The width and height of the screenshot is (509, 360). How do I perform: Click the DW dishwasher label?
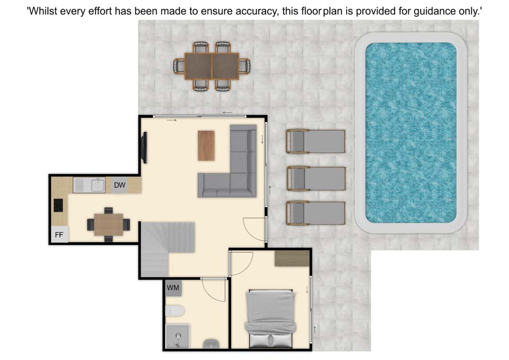coord(119,185)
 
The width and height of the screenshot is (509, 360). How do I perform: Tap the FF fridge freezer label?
coord(59,235)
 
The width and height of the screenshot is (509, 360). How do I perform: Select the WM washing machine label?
coord(173,287)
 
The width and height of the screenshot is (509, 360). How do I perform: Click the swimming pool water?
coord(410,133)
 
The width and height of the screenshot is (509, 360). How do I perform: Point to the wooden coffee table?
coord(206,145)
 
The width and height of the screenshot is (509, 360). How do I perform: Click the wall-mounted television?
coord(144,148)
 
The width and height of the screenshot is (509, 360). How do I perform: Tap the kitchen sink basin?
coord(98,186)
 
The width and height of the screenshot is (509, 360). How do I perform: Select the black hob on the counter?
coord(58,205)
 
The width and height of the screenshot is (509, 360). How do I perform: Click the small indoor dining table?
coord(108,224)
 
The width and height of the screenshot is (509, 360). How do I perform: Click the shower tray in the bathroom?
coord(177,336)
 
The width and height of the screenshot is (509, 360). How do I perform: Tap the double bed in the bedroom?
coord(271,318)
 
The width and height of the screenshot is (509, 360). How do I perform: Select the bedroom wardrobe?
coord(292,258)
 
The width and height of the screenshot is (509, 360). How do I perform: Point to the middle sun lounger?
coord(316,179)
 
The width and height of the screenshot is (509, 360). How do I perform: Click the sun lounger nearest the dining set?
coord(315,141)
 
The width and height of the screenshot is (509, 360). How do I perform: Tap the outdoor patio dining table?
coord(212,66)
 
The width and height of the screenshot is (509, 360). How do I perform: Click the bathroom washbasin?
coord(211,344)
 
